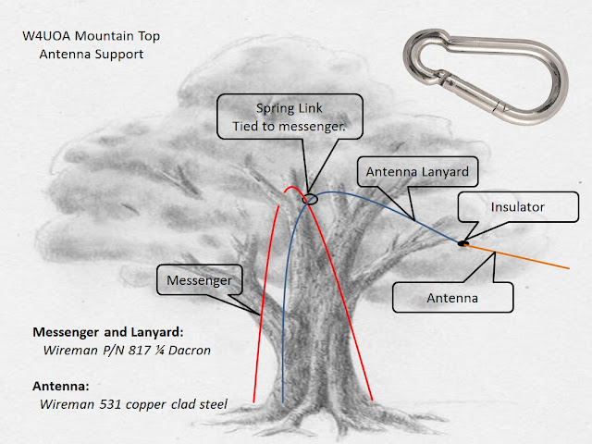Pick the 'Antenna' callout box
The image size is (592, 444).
point(452,298)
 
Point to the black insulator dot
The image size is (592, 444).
point(462,243)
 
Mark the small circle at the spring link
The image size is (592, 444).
point(309,196)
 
